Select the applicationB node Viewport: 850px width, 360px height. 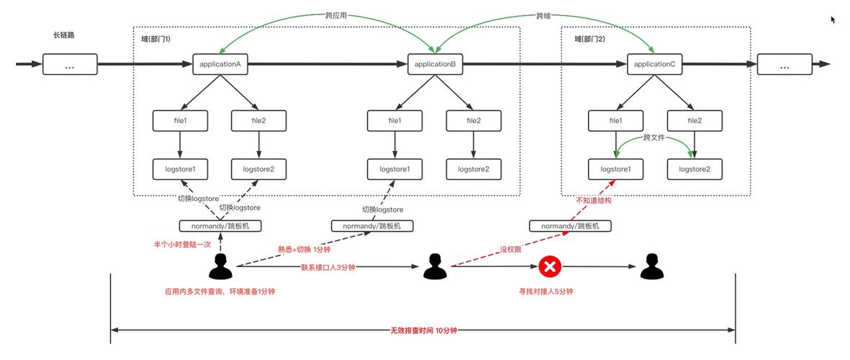[x=435, y=65]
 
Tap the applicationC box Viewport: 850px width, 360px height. [x=654, y=65]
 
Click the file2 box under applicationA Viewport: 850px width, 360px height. [x=258, y=120]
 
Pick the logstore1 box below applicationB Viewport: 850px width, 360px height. [x=394, y=169]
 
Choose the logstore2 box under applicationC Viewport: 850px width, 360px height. [x=695, y=169]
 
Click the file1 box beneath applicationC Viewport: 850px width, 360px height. [x=615, y=120]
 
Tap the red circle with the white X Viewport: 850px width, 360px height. [x=550, y=267]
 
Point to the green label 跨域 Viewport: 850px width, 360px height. [x=545, y=15]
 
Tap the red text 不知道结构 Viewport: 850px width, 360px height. [x=594, y=201]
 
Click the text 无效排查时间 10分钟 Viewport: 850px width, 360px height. [x=424, y=330]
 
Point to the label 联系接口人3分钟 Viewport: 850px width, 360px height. [x=328, y=267]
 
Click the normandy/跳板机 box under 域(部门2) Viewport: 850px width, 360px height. [x=570, y=225]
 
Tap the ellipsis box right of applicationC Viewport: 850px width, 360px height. [x=784, y=65]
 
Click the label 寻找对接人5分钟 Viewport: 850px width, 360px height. [x=550, y=292]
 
